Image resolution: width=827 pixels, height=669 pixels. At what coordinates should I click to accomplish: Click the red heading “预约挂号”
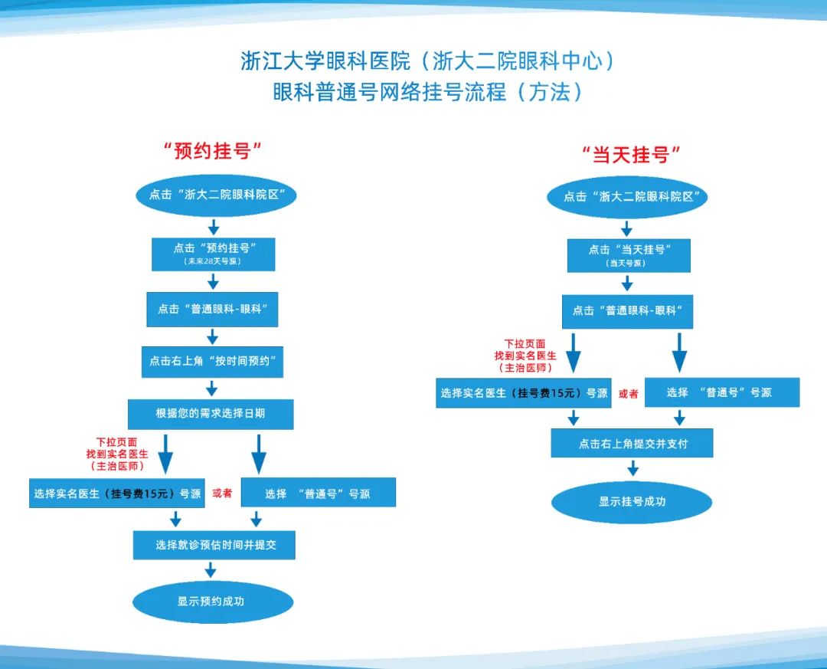pyautogui.click(x=213, y=151)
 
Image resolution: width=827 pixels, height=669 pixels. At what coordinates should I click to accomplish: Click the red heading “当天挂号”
pyautogui.click(x=631, y=155)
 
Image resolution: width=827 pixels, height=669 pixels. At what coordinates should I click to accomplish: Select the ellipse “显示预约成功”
pyautogui.click(x=212, y=602)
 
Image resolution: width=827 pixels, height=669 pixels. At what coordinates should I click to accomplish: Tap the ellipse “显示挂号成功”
pyautogui.click(x=632, y=502)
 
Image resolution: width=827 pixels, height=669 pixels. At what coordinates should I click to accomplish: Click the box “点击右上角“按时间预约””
pyautogui.click(x=212, y=361)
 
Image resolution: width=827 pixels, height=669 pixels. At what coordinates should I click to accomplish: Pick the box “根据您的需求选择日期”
pyautogui.click(x=211, y=413)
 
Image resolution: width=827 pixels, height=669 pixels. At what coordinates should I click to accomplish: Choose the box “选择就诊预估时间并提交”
pyautogui.click(x=214, y=545)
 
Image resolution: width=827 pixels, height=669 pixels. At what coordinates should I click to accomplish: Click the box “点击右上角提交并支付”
pyautogui.click(x=632, y=444)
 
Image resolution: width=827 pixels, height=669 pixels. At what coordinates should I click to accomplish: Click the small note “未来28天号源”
pyautogui.click(x=213, y=262)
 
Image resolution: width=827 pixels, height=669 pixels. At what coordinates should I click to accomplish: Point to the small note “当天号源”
pyautogui.click(x=626, y=263)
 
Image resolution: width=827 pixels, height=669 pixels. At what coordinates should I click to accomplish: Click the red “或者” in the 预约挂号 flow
pyautogui.click(x=222, y=494)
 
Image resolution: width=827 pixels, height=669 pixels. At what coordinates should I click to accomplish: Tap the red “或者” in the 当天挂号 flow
pyautogui.click(x=628, y=393)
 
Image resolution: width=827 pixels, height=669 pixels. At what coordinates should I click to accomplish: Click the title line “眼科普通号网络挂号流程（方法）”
pyautogui.click(x=428, y=92)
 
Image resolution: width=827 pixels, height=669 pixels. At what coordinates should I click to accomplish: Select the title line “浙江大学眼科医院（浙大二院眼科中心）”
pyautogui.click(x=428, y=61)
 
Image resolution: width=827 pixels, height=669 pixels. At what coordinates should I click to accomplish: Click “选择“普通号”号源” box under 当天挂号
pyautogui.click(x=722, y=392)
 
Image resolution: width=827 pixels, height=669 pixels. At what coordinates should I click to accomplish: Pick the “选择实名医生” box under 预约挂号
pyautogui.click(x=116, y=494)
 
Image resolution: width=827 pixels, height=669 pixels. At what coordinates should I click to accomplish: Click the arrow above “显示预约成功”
pyautogui.click(x=211, y=570)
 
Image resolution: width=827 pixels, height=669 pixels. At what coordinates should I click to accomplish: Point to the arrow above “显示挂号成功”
pyautogui.click(x=633, y=468)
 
